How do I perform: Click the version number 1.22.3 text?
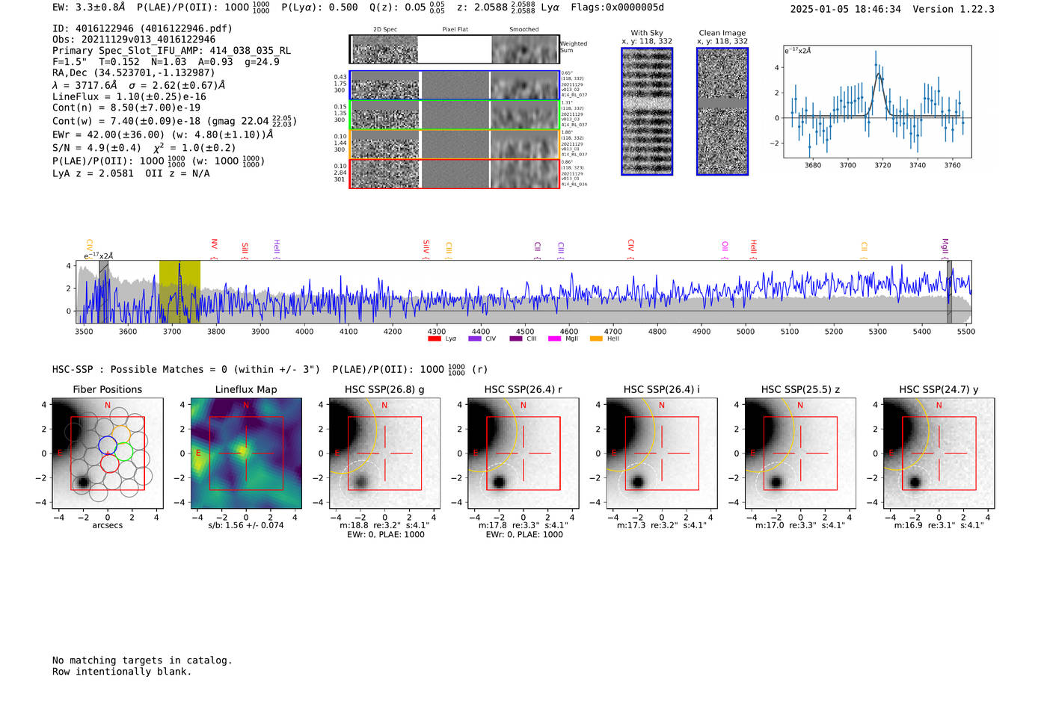[x=968, y=10]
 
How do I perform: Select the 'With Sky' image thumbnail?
[x=647, y=111]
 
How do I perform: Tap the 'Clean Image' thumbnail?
[x=722, y=111]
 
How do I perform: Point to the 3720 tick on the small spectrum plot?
[x=882, y=165]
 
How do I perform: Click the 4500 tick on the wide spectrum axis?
[x=525, y=331]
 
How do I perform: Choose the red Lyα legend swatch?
[x=435, y=338]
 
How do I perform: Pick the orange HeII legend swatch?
[x=596, y=338]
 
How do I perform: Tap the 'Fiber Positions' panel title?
[x=107, y=389]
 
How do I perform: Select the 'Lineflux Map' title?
[x=246, y=389]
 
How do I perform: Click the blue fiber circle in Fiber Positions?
[x=107, y=445]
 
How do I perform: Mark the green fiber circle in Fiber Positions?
[x=123, y=452]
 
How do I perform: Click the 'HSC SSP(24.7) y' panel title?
[x=939, y=389]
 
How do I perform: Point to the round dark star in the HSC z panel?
[x=776, y=482]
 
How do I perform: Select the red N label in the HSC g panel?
[x=384, y=406]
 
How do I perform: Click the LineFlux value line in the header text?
[x=129, y=96]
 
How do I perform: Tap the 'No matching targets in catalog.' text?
[x=142, y=660]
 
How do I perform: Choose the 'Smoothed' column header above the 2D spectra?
[x=523, y=30]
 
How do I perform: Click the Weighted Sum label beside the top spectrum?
[x=573, y=47]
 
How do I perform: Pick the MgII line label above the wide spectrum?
[x=945, y=247]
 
